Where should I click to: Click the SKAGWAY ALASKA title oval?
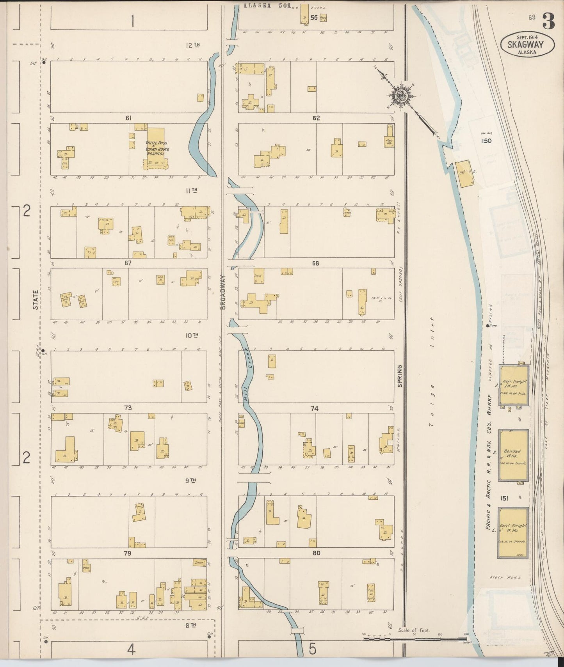[x=527, y=44]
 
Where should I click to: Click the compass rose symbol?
[x=400, y=94]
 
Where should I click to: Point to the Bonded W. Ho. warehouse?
[x=513, y=454]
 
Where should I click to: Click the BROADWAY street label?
[x=223, y=292]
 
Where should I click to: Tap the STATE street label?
[x=36, y=300]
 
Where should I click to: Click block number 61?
[x=128, y=118]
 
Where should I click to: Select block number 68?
[x=315, y=263]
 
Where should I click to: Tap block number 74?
[x=315, y=408]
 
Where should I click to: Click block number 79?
[x=127, y=553]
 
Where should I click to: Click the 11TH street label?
[x=191, y=190]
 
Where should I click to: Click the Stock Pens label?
[x=505, y=577]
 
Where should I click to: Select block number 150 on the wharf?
[x=486, y=141]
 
